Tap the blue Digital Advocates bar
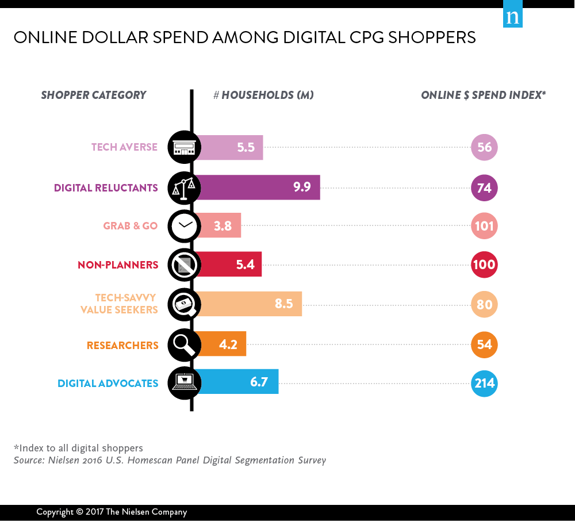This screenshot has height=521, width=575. coord(239,382)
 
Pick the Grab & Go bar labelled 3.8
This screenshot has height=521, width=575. coord(220,225)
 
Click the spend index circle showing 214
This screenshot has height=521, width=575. coord(484,382)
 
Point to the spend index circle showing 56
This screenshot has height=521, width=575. coord(484,147)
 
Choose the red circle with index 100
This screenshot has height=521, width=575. coord(484,265)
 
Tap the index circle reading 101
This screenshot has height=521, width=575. coord(484,226)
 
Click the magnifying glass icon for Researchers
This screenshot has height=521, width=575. coord(184,345)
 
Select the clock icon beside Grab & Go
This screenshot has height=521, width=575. coord(184,225)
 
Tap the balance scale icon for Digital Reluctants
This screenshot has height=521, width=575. coord(184,187)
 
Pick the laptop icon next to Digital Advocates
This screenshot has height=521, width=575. coord(184,382)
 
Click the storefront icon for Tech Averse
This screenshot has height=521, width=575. coord(184,147)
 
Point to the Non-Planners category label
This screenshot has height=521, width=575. coord(118,265)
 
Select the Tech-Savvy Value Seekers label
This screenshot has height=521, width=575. coord(126,304)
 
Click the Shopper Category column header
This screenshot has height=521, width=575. coord(94,95)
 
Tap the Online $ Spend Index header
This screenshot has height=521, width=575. coord(483,95)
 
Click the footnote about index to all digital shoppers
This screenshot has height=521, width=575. coord(78,448)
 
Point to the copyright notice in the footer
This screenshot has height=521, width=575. coord(112,512)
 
